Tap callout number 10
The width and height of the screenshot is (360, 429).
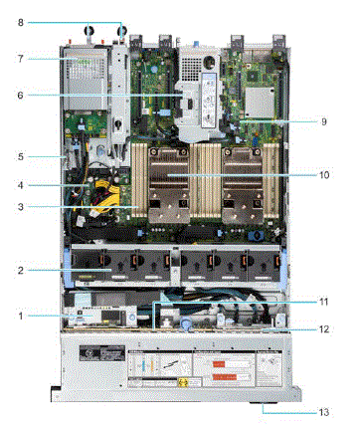click(323, 174)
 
